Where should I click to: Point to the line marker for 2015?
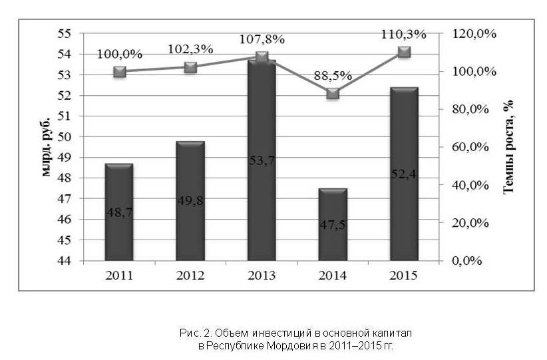403,52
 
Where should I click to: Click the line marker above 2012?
190,67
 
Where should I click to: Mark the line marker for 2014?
333,93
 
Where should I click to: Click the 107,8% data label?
262,39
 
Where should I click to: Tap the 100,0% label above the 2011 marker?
120,54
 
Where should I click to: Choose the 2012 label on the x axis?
190,275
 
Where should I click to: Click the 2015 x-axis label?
404,275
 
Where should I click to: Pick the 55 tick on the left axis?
65,33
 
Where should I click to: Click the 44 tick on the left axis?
65,260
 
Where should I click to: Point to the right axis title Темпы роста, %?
509,147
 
